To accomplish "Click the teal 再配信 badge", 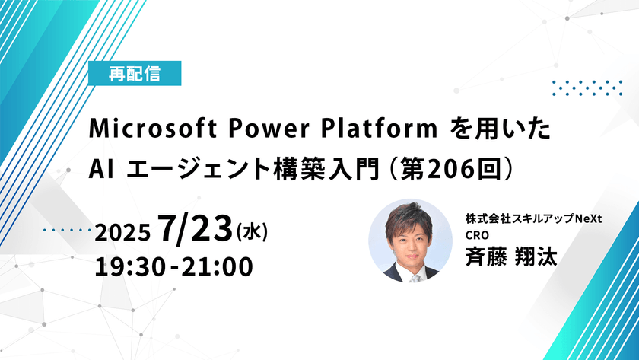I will tap(135, 75).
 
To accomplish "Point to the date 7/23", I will tap(196, 229).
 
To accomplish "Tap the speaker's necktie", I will tap(414, 276).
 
